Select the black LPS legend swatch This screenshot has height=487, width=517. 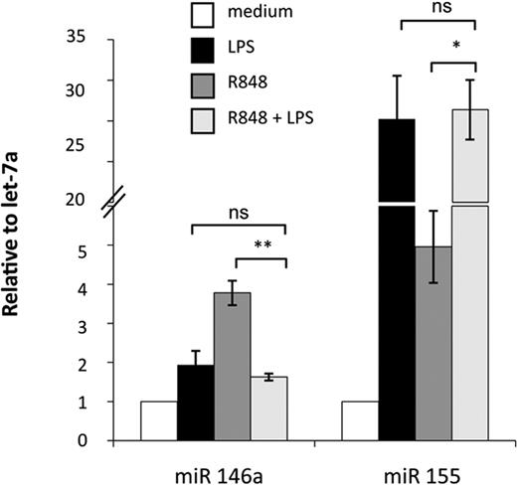(x=203, y=47)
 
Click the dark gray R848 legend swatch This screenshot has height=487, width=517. (x=203, y=82)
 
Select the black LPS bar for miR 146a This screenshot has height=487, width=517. (x=195, y=402)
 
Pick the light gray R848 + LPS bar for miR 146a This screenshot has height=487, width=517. (x=268, y=407)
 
